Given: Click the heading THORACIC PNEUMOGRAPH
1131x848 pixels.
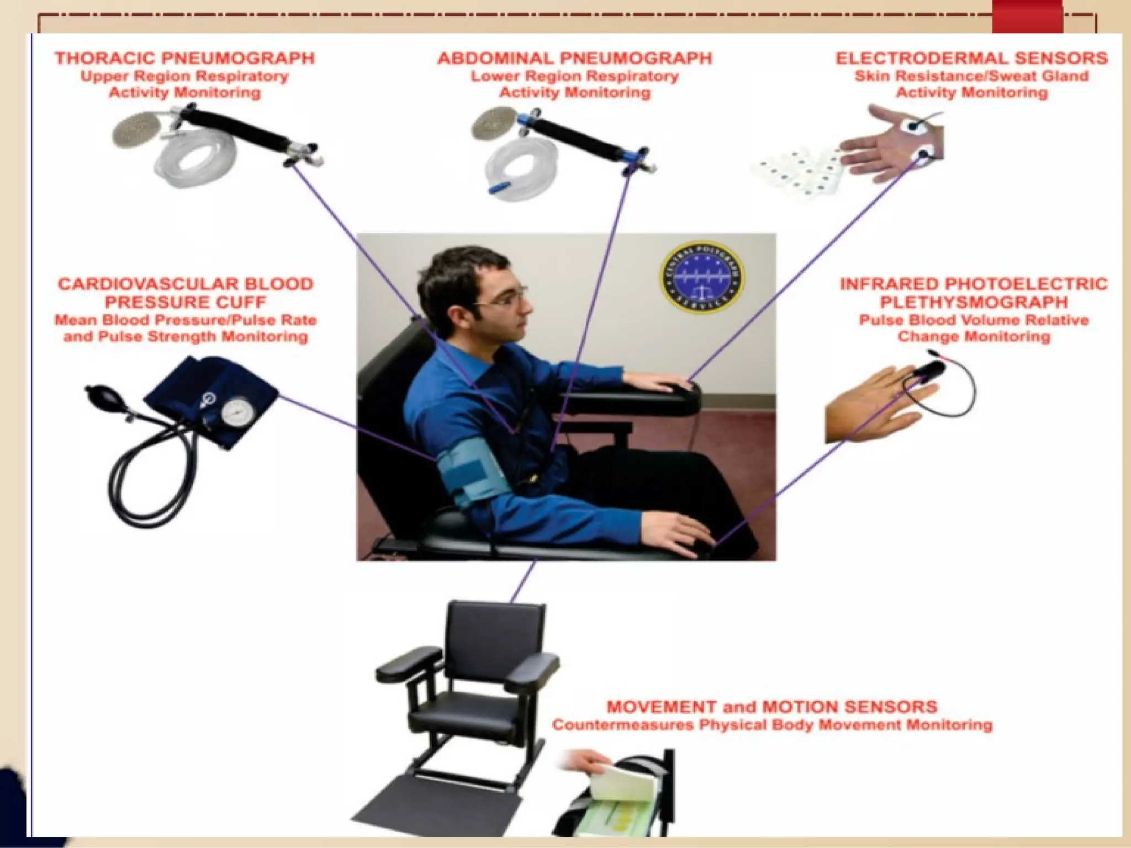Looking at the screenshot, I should click(x=184, y=59).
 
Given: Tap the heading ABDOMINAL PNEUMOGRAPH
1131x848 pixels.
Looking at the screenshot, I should click(x=575, y=59).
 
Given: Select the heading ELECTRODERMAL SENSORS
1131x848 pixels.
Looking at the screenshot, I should click(x=971, y=59).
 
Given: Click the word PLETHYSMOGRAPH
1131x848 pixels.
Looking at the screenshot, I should click(x=974, y=303).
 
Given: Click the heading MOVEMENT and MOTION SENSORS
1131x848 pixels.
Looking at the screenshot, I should click(x=771, y=707).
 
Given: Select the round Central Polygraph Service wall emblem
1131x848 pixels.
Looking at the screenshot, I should click(x=702, y=277).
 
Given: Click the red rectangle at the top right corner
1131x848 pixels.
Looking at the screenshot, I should click(x=1027, y=17).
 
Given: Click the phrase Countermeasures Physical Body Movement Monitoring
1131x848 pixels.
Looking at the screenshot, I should click(x=771, y=725).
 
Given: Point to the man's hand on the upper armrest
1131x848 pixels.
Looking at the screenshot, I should click(x=657, y=381).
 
